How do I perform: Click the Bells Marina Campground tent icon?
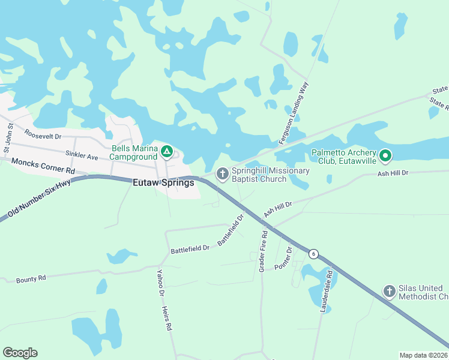tap(167, 150)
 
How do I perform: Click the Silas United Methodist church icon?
tap(390, 292)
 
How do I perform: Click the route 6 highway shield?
tap(313, 254)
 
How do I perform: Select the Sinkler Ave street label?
tap(82, 156)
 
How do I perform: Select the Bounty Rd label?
tap(31, 279)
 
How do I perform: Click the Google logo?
tap(20, 353)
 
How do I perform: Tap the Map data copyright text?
tap(423, 355)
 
